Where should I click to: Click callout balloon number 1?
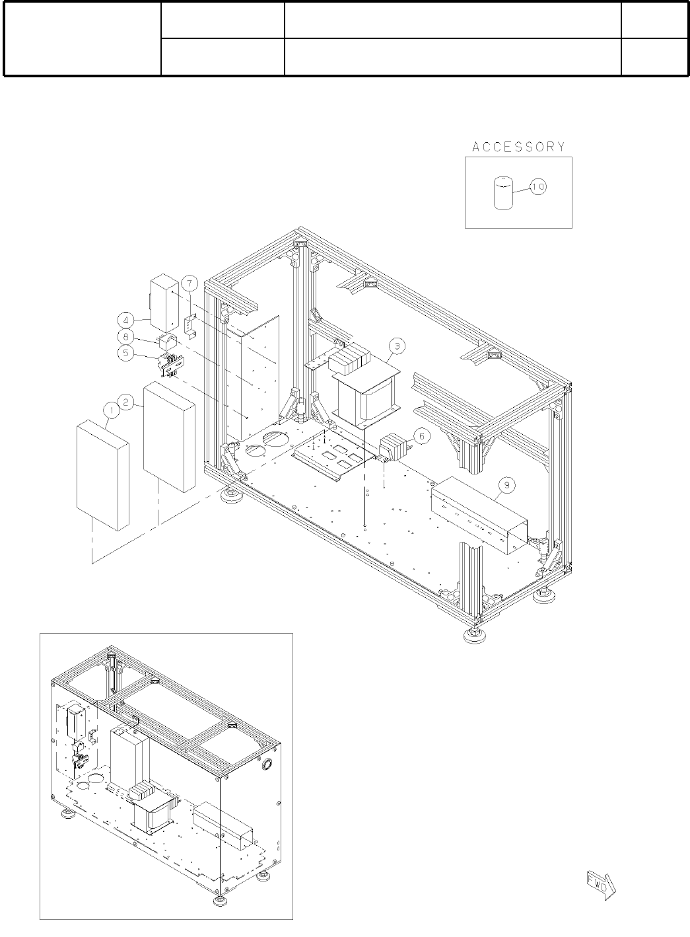(x=111, y=412)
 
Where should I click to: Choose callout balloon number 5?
(x=125, y=353)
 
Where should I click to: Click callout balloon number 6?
(x=423, y=436)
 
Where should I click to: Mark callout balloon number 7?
(x=189, y=284)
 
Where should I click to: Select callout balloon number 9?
(x=506, y=486)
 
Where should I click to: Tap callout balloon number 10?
(x=537, y=188)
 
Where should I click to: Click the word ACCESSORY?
(x=518, y=147)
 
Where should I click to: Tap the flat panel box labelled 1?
(x=102, y=476)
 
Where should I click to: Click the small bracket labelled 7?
(x=191, y=324)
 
